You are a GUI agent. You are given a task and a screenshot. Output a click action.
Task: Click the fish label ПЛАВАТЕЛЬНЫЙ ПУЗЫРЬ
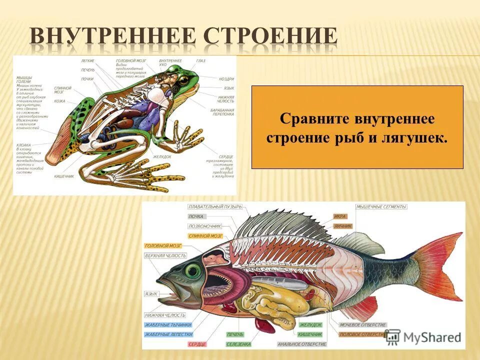click(215, 206)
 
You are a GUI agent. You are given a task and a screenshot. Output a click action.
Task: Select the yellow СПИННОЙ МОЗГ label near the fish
click(205, 235)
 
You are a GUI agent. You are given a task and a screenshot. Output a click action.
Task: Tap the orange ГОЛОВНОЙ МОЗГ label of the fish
click(163, 246)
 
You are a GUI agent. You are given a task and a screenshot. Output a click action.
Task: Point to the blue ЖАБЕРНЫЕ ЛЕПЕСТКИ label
click(168, 334)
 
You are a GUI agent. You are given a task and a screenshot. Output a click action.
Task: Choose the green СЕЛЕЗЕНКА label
click(238, 344)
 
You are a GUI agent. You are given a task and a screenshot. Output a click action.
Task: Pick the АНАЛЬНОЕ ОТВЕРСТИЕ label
click(302, 344)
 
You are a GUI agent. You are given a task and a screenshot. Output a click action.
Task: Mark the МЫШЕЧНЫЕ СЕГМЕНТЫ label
click(381, 206)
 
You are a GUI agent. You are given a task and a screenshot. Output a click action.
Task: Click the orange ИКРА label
click(340, 216)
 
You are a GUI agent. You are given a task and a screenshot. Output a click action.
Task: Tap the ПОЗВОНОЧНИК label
click(205, 226)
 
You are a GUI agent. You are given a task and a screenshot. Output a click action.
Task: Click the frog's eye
click(183, 80)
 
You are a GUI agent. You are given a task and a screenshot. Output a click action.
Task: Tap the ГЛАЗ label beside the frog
click(200, 60)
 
